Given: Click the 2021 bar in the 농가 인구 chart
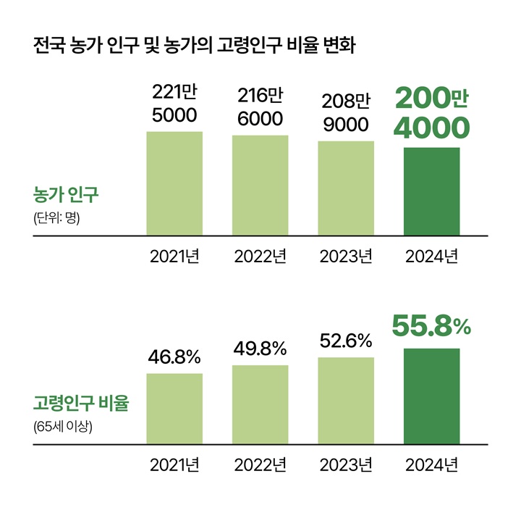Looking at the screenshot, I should point(174,183).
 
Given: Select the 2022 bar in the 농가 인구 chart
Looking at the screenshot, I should point(260,185).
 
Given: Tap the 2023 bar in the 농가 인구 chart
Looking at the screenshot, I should point(346,188).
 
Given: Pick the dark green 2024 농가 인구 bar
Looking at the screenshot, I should point(431,191).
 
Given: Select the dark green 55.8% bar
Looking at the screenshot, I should point(431,396).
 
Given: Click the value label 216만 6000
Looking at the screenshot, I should point(260,107).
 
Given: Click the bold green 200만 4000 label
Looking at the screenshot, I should point(431,114).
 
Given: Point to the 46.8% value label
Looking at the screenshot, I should point(174,357).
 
